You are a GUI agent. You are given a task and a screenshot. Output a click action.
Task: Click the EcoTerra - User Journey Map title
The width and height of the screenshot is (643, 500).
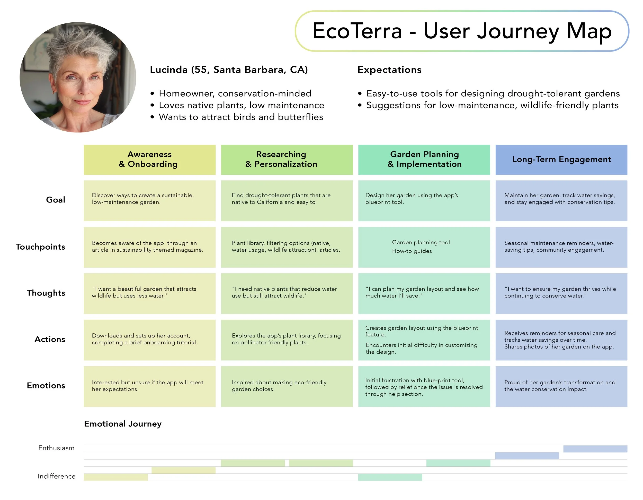[x=462, y=31]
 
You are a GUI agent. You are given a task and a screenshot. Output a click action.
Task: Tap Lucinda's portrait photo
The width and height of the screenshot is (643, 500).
[x=78, y=77]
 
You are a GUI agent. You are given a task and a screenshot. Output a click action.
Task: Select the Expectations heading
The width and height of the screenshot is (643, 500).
[x=389, y=70]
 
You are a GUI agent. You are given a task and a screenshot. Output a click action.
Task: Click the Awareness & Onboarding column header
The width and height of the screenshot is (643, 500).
[x=150, y=159]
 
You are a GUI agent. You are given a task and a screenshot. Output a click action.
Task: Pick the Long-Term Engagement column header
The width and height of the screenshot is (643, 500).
[x=561, y=159]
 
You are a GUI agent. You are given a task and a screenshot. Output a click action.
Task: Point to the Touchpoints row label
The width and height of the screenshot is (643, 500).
[x=40, y=247]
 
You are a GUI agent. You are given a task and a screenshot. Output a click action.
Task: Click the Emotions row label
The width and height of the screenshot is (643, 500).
[x=46, y=386]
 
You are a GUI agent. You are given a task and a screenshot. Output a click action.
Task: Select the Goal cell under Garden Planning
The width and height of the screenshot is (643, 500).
[x=424, y=200]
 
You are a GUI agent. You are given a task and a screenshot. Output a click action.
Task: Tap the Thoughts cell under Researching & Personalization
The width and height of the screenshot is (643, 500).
[x=287, y=293]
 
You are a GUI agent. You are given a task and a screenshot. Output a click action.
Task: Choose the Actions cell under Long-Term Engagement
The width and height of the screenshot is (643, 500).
[x=561, y=340]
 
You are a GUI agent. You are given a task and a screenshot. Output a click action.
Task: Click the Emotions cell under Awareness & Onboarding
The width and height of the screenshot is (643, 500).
[x=150, y=386]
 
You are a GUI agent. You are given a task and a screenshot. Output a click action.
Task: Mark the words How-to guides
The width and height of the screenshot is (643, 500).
[x=412, y=251]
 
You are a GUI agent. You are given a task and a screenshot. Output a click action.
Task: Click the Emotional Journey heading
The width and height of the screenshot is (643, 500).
[x=123, y=424]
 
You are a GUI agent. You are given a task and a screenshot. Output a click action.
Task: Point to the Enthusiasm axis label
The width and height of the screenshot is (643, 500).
[x=56, y=448]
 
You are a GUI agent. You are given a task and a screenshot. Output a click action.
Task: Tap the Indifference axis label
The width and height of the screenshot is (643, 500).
[x=56, y=476]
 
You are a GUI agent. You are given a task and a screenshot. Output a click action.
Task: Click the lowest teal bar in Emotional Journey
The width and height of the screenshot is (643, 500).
[x=390, y=477]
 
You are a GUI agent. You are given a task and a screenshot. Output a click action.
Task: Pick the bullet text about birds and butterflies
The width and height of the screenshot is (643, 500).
[x=241, y=117]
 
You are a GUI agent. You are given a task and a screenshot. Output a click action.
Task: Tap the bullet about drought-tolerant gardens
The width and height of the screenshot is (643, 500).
[x=493, y=94]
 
